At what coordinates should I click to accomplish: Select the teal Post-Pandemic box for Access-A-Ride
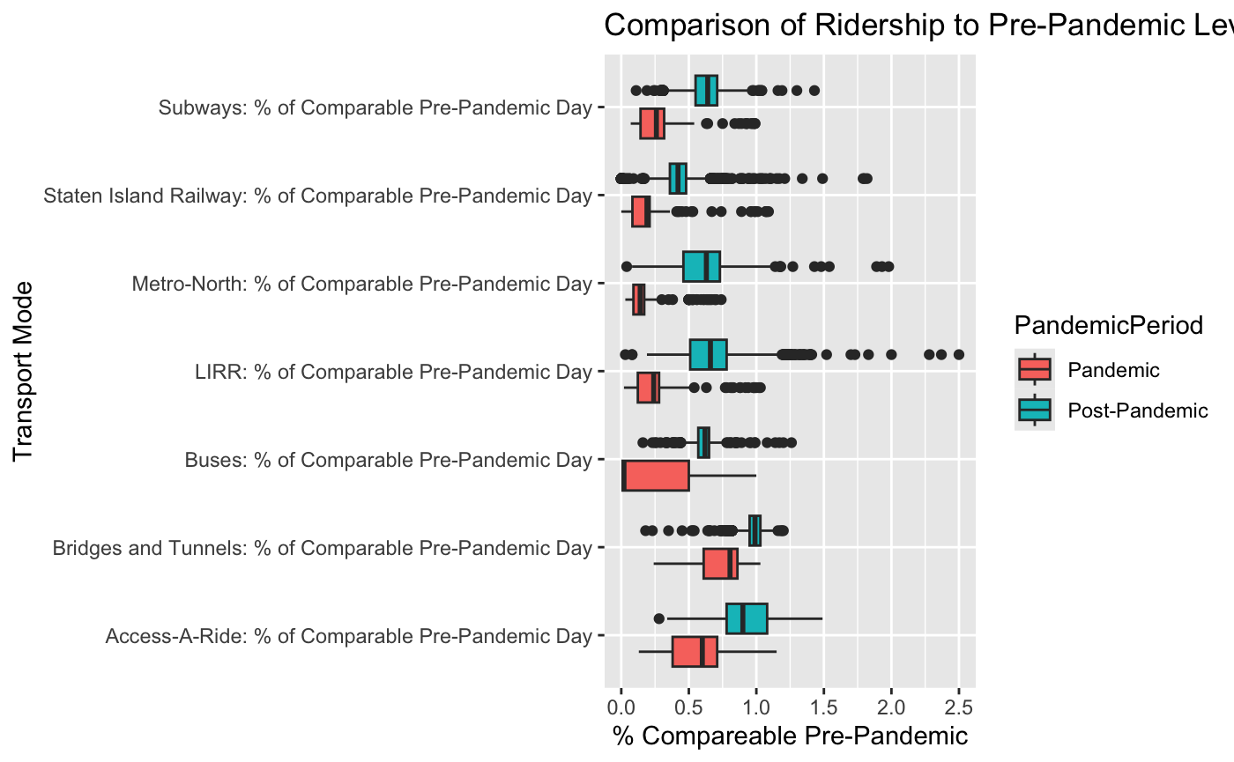[x=747, y=618]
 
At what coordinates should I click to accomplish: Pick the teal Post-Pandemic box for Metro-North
[x=702, y=266]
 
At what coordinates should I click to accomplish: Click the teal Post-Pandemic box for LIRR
[x=708, y=354]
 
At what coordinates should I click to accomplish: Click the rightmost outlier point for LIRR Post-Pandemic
[x=959, y=354]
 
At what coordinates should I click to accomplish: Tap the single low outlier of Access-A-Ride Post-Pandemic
[x=659, y=618]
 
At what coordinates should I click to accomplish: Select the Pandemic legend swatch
[x=1034, y=370]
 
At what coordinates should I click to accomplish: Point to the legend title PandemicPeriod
[x=1109, y=326]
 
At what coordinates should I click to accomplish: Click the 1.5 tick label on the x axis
[x=823, y=706]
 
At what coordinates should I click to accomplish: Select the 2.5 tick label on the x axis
[x=959, y=706]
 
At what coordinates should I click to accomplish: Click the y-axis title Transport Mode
[x=24, y=371]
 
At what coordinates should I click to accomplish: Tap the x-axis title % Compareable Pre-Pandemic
[x=790, y=736]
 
